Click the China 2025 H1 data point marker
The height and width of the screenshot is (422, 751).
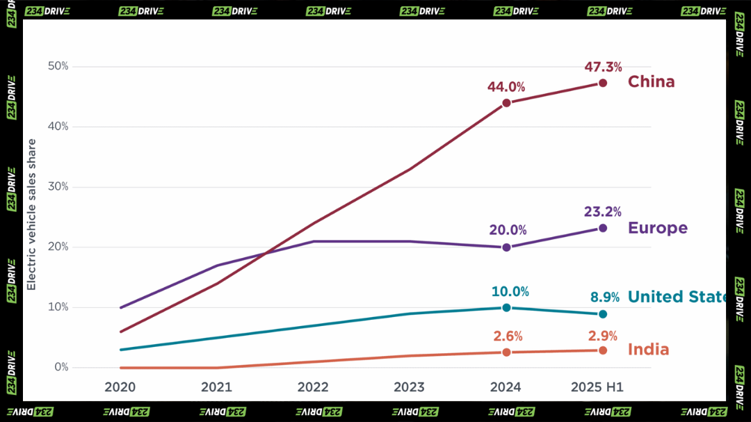pyautogui.click(x=603, y=83)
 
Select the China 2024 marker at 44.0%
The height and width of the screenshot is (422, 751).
pyautogui.click(x=506, y=103)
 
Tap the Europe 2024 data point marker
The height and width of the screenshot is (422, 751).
pyautogui.click(x=506, y=247)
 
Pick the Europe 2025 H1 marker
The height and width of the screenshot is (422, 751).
pyautogui.click(x=603, y=228)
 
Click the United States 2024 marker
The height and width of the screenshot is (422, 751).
pyautogui.click(x=506, y=307)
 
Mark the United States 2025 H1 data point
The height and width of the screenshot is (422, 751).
pyautogui.click(x=603, y=314)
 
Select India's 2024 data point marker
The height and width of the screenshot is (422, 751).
pyautogui.click(x=506, y=352)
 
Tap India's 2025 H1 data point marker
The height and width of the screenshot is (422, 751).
pyautogui.click(x=603, y=350)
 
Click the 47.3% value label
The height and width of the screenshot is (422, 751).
pyautogui.click(x=603, y=67)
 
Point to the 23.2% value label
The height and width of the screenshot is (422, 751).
pyautogui.click(x=603, y=212)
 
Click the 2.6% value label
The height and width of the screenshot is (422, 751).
pyautogui.click(x=507, y=336)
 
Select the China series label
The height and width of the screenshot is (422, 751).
pyautogui.click(x=651, y=82)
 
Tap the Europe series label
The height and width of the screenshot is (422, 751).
pyautogui.click(x=657, y=228)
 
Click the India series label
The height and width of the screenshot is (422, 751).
pyautogui.click(x=648, y=350)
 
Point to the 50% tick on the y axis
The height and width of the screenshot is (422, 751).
pyautogui.click(x=58, y=66)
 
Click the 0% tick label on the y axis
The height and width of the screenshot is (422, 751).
pyautogui.click(x=60, y=368)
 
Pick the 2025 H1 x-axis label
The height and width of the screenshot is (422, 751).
pyautogui.click(x=597, y=387)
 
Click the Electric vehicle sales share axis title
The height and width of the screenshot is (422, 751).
pyautogui.click(x=31, y=215)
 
